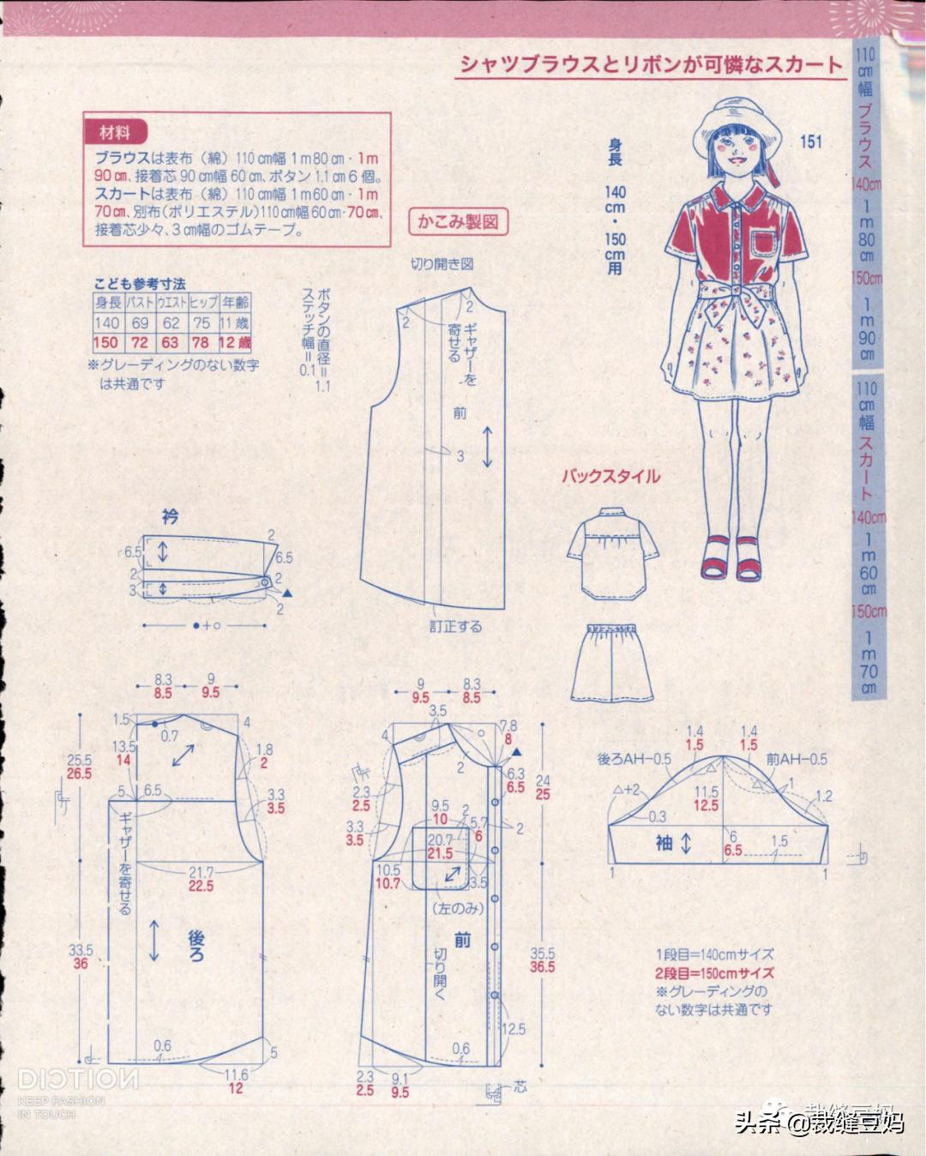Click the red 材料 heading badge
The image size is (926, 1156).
pyautogui.click(x=116, y=133)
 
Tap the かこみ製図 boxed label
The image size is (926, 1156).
pyautogui.click(x=458, y=222)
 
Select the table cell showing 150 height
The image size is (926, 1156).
pyautogui.click(x=107, y=343)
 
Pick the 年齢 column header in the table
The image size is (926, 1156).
pyautogui.click(x=235, y=302)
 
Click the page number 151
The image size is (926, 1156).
pyautogui.click(x=810, y=141)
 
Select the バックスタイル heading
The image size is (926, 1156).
pyautogui.click(x=610, y=476)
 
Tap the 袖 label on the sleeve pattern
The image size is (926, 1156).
pyautogui.click(x=664, y=844)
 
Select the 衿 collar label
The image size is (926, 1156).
pyautogui.click(x=170, y=516)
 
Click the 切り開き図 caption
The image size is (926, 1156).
pyautogui.click(x=442, y=264)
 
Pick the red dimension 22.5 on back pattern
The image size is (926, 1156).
pyautogui.click(x=201, y=886)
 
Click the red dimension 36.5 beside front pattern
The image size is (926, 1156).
pyautogui.click(x=543, y=967)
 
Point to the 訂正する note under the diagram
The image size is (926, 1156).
pyautogui.click(x=455, y=626)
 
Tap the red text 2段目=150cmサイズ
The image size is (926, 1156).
pyautogui.click(x=715, y=972)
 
